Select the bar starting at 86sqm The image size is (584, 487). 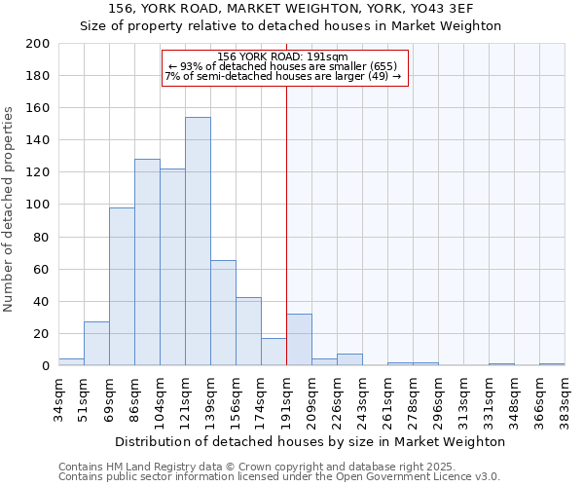pos(147,262)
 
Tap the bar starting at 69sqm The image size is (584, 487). pos(122,286)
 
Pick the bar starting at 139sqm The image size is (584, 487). pos(223,313)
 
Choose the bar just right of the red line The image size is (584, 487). pos(299,340)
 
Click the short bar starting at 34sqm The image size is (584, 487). pos(71,362)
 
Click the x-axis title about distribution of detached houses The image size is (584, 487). pos(310,441)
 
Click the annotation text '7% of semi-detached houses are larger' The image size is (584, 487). pos(283,76)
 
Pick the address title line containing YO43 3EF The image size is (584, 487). pos(289,8)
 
